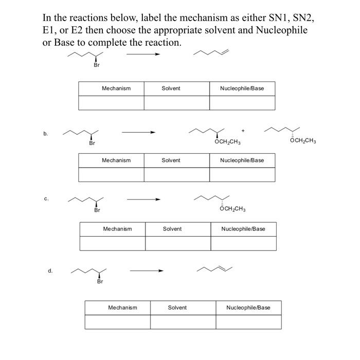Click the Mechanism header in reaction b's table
tap(116, 160)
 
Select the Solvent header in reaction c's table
tap(172, 229)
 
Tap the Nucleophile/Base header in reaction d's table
tap(248, 308)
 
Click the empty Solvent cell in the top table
tap(176, 103)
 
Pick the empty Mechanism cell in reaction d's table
tap(118, 322)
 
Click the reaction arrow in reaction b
tap(138, 133)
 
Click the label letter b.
tap(46, 134)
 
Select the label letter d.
tap(50, 269)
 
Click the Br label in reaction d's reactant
tap(100, 281)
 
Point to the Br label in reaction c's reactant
tap(97, 210)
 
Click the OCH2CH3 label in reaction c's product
tap(232, 209)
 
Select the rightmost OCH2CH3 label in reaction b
tap(303, 140)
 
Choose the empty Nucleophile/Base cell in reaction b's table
tap(242, 175)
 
